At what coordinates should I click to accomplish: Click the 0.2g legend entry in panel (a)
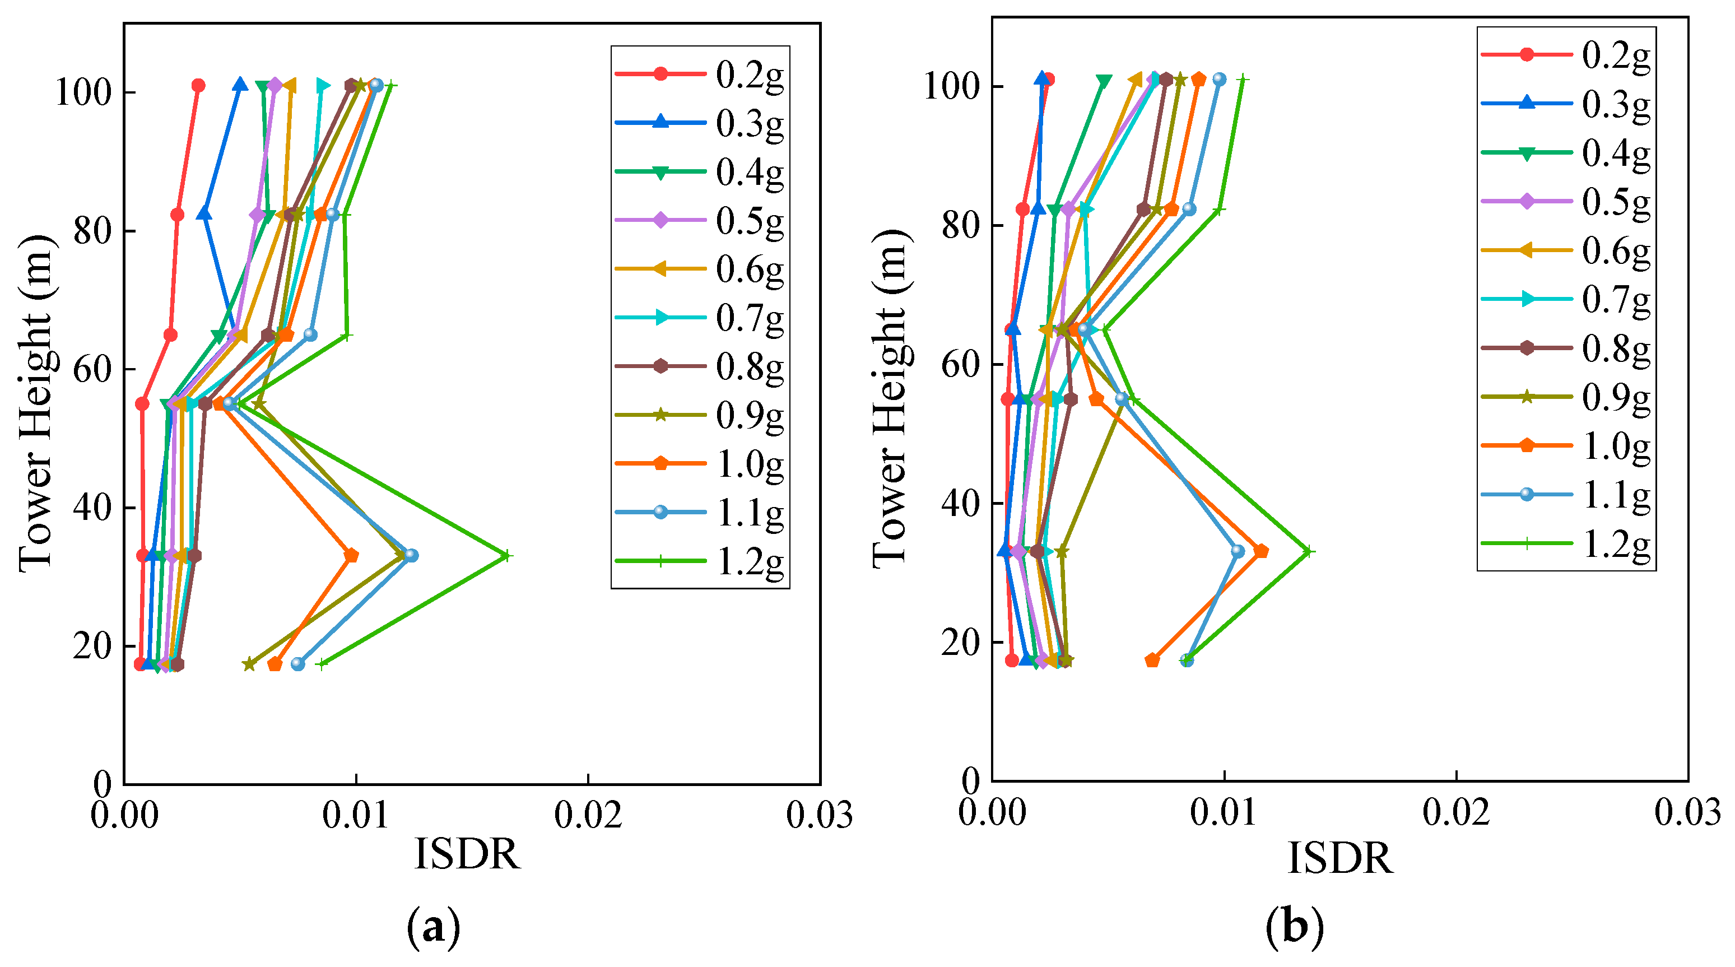point(700,74)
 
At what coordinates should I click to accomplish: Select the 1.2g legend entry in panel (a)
point(700,561)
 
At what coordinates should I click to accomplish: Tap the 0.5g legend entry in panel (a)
point(700,220)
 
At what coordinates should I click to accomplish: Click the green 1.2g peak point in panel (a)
point(507,556)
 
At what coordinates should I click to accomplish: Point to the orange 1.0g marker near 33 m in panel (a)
point(351,556)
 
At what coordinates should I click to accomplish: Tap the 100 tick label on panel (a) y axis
point(83,92)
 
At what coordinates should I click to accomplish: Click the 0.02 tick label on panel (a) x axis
point(588,816)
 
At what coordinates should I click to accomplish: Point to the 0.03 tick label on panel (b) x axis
point(1688,812)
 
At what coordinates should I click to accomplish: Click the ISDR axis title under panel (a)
point(467,854)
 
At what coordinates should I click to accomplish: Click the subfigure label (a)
point(434,928)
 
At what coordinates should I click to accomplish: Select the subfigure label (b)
point(1295,927)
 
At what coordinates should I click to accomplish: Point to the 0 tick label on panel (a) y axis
point(103,784)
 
